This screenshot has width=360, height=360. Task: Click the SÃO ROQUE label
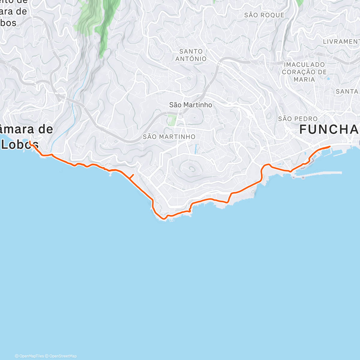[x=264, y=15]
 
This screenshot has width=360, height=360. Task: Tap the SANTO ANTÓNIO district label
[x=191, y=55]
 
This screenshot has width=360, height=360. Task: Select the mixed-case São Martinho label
[x=190, y=105]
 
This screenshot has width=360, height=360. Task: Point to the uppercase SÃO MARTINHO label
[x=169, y=137]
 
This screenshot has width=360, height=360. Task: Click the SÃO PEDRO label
[x=298, y=119]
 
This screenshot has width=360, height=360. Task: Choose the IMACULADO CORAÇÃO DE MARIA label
[x=304, y=72]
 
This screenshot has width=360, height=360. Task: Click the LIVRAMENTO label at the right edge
[x=341, y=42]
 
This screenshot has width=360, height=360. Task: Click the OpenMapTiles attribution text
[x=29, y=356]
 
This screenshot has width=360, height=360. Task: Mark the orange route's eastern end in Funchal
[x=330, y=146]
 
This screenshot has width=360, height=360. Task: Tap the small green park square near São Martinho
[x=172, y=121]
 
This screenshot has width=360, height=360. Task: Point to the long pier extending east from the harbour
[x=321, y=173]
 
